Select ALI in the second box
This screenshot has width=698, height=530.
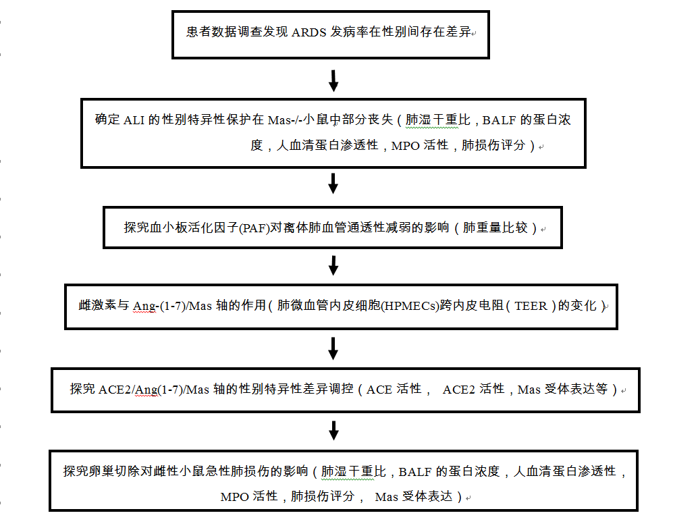tap(134, 120)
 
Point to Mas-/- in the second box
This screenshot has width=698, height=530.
tap(286, 120)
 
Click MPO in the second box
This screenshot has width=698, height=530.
tap(406, 146)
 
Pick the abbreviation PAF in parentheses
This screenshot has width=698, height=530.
tap(255, 228)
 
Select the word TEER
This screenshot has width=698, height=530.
tap(531, 306)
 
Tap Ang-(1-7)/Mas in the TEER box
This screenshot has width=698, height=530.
tap(172, 306)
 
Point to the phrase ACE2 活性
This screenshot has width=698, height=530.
tap(474, 390)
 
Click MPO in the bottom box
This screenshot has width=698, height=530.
tap(235, 497)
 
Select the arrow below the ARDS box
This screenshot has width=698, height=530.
tap(333, 80)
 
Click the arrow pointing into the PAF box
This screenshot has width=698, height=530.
tap(333, 183)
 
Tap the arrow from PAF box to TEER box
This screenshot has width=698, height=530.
tap(333, 265)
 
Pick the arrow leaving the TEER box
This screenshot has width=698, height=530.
tap(333, 348)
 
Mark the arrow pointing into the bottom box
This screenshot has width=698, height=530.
tap(333, 431)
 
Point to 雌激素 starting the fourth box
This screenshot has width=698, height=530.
tap(97, 306)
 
